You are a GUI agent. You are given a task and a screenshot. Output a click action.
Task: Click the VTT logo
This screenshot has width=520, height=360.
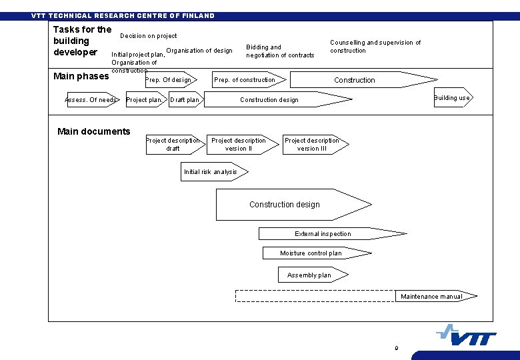coord(467,335)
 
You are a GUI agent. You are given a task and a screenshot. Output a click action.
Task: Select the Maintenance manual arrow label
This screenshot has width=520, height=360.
coord(431,297)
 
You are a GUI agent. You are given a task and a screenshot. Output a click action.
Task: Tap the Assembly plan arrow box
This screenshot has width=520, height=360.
coord(309,275)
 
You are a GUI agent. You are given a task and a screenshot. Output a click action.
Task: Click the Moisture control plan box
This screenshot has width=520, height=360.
coord(311,253)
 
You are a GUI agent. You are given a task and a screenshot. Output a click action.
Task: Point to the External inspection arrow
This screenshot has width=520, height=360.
coord(323,234)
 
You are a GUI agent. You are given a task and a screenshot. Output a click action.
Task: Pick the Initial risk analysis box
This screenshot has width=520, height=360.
coord(211,172)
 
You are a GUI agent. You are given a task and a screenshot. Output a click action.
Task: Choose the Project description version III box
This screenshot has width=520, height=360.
coord(312,145)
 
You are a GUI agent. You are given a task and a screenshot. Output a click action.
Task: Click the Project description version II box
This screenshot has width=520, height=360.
coord(238,145)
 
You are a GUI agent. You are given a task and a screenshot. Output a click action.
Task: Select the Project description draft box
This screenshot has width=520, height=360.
coord(173,145)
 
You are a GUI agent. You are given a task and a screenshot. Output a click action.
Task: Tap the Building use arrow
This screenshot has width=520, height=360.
coord(453,98)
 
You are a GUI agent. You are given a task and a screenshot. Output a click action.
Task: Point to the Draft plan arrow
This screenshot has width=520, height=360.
coord(185,100)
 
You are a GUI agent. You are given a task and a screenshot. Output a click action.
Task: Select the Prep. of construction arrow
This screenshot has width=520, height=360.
coord(245,80)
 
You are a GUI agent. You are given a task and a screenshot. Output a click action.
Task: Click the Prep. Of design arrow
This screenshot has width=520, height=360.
coord(169,80)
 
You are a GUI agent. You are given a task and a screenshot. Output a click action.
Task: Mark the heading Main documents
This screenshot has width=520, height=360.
coord(94,131)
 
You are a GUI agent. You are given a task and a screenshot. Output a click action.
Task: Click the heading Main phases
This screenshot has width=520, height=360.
coord(81,76)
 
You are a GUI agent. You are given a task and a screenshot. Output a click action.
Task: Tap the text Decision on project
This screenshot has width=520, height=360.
coord(149,36)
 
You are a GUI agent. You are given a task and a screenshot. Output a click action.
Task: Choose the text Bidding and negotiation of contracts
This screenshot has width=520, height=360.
coord(280,51)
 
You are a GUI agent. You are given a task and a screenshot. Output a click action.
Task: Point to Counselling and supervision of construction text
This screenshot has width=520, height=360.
coord(375,47)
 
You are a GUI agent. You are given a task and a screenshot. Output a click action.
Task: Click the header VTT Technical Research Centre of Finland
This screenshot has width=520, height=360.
coord(123,16)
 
